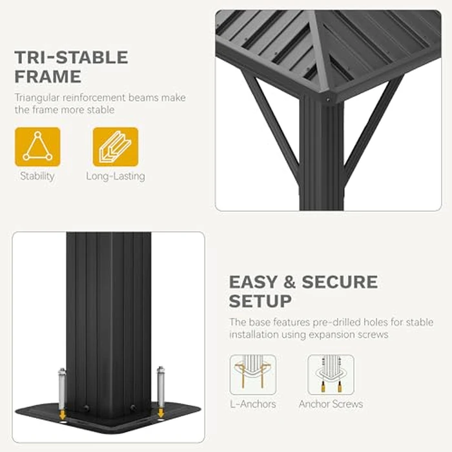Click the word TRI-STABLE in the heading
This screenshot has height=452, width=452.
pos(71,57)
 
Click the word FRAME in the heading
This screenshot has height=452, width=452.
pos(48,76)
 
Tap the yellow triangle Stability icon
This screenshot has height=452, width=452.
pos(37,147)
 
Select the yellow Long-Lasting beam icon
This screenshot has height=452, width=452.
pos(116,147)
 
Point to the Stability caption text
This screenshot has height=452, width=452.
pos(37,176)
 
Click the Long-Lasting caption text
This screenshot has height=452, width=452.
pos(116,176)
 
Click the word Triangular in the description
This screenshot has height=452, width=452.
pos(37,98)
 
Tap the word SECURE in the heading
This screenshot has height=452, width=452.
pos(340,282)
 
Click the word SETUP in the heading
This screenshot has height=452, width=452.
pos(260,301)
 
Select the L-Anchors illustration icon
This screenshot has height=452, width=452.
pos(253,375)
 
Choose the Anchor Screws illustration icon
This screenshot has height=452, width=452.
pos(331,375)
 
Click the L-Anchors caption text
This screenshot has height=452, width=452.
pos(253,404)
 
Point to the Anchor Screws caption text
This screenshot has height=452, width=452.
pos(331,404)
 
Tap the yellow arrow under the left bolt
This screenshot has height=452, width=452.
pos(62,415)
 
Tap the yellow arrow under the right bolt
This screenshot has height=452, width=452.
pos(161,413)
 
